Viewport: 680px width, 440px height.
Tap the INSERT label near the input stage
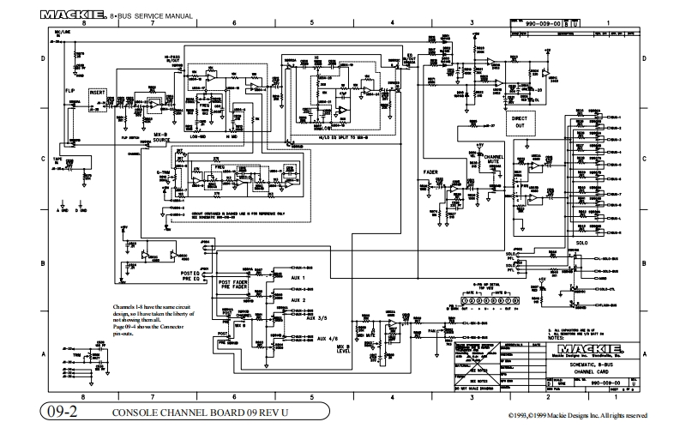tap(98, 92)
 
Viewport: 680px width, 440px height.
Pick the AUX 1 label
tap(298, 279)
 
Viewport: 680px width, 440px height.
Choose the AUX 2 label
tap(298, 300)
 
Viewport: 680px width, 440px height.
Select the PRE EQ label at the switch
tap(190, 280)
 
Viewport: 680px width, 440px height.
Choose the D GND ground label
tap(81, 209)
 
